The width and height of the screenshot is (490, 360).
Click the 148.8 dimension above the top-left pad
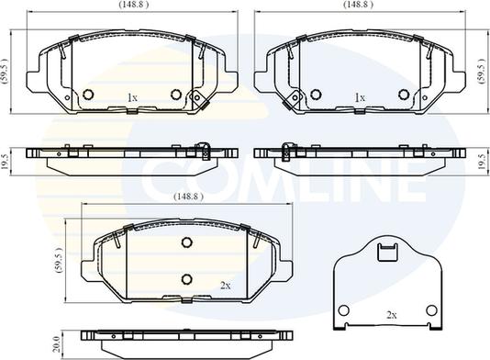coord(133,5)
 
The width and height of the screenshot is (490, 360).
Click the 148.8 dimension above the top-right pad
coord(358,5)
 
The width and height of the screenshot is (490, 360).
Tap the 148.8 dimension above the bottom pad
coord(188,197)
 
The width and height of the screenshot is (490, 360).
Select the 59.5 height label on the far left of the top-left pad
coord(5,71)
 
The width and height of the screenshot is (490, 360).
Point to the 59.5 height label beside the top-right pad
coord(482,71)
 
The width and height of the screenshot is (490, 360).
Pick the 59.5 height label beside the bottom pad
coord(59,260)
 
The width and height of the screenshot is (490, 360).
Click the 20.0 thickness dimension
coord(56,344)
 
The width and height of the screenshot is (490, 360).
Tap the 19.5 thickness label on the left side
coord(5,162)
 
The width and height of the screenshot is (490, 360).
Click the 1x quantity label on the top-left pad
coord(132,98)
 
